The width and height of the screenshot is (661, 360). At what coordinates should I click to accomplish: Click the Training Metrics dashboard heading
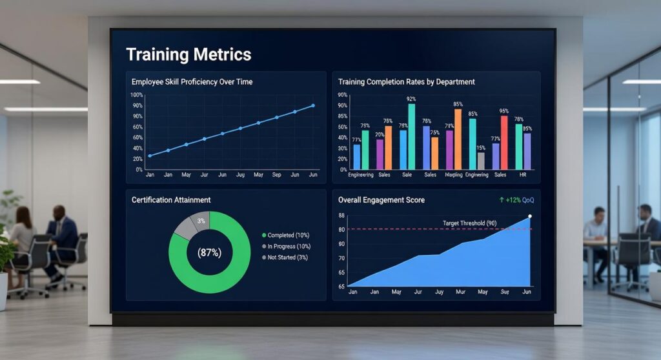(x=188, y=54)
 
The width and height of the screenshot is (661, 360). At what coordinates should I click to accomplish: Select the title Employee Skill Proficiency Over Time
(x=192, y=82)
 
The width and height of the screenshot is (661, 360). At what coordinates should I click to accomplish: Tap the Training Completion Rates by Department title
(x=407, y=82)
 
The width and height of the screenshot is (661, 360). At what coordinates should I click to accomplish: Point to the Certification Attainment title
(x=171, y=200)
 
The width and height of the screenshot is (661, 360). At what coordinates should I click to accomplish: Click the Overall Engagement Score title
(x=381, y=200)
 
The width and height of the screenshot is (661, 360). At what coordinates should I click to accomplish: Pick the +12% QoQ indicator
(x=517, y=200)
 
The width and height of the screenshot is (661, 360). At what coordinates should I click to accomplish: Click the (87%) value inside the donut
(x=209, y=253)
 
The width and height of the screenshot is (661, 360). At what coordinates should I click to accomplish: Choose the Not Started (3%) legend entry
(x=289, y=257)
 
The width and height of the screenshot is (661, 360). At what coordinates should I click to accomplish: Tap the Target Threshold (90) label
(x=469, y=223)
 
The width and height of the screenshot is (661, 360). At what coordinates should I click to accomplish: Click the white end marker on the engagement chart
(x=530, y=217)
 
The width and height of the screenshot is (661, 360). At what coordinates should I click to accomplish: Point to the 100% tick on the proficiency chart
(x=137, y=95)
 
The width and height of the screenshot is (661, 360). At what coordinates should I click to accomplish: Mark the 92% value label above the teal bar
(x=411, y=99)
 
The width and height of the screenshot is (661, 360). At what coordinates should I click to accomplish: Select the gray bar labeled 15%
(x=481, y=161)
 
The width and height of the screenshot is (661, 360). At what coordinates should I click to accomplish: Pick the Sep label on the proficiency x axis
(x=277, y=175)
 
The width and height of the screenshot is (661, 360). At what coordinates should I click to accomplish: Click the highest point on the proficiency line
(x=313, y=106)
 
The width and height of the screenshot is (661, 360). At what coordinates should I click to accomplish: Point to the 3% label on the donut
(x=201, y=221)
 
